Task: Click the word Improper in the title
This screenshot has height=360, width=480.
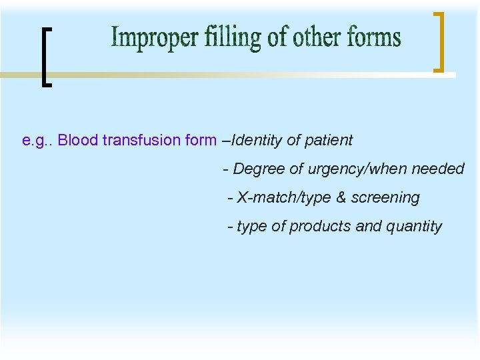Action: coord(145,39)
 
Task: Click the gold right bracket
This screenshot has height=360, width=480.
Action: coord(438,41)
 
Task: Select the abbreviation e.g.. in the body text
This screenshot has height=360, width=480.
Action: coord(38,141)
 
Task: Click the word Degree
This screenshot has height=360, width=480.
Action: coord(259,169)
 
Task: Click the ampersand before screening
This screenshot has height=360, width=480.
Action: coord(341,198)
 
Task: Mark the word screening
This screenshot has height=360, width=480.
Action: coord(385,198)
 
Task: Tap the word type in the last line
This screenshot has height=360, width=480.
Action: coord(251,227)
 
